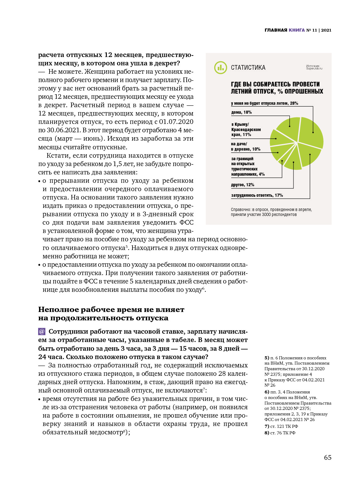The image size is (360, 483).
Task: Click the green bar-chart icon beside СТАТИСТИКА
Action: coord(220,68)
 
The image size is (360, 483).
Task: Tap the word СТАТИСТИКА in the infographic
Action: coord(248,68)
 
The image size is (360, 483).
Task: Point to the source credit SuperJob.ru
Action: coord(314,68)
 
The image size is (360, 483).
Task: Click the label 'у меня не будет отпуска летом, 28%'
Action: coord(264,103)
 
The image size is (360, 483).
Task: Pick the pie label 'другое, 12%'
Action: coord(242,185)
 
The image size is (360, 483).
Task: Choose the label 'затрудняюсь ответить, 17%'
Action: coord(257,195)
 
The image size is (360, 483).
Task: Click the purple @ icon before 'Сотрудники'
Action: coord(42,332)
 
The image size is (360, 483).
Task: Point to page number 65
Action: coord(327,457)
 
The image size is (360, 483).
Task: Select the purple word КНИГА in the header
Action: coord(297,30)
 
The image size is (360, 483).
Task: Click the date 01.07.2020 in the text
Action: coord(176,122)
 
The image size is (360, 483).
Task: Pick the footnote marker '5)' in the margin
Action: coord(267,358)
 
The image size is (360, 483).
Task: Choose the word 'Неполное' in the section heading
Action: coord(58,310)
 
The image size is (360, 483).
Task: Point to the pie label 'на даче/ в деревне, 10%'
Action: coord(245,147)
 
